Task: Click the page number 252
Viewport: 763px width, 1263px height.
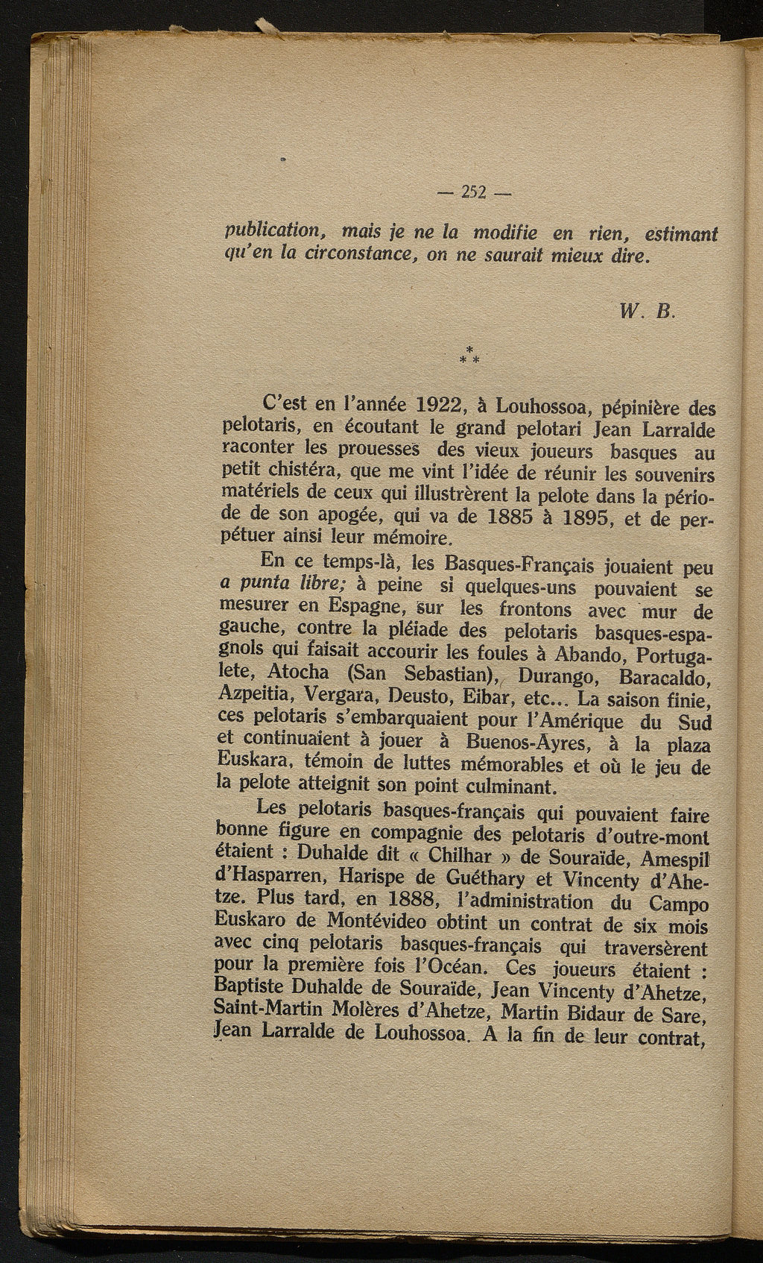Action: (x=473, y=192)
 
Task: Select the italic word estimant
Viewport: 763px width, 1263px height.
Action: (x=680, y=235)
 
